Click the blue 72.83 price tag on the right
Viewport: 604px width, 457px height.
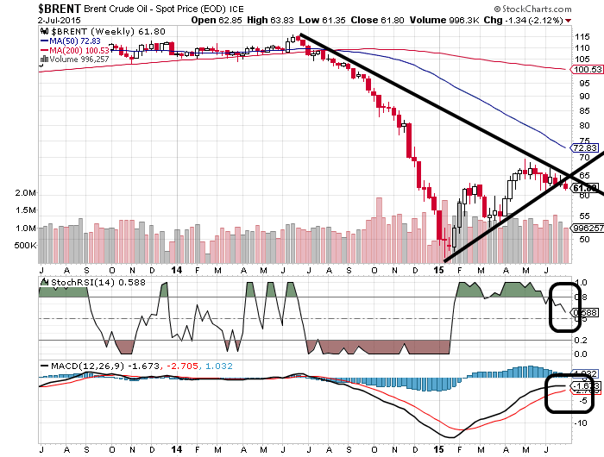pos(586,147)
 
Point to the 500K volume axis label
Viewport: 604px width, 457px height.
pos(23,246)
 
